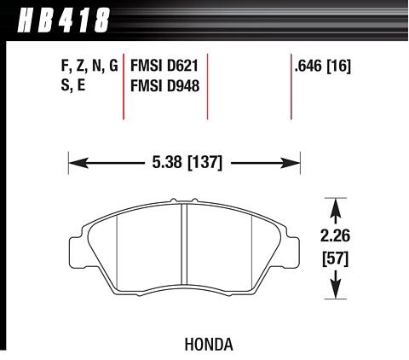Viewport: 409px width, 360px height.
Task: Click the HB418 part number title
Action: point(63,20)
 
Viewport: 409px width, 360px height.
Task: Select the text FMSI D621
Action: point(164,66)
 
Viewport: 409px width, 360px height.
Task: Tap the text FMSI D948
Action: point(164,85)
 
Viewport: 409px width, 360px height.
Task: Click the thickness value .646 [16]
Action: point(323,66)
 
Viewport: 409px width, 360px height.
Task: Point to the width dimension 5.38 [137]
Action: point(187,163)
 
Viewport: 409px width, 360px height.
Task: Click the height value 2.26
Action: point(335,235)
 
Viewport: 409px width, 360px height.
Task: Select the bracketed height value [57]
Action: point(335,258)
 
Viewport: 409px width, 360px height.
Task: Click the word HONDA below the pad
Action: point(209,345)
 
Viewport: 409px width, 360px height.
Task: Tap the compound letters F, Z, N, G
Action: point(89,66)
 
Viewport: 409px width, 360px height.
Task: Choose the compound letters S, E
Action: point(73,85)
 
